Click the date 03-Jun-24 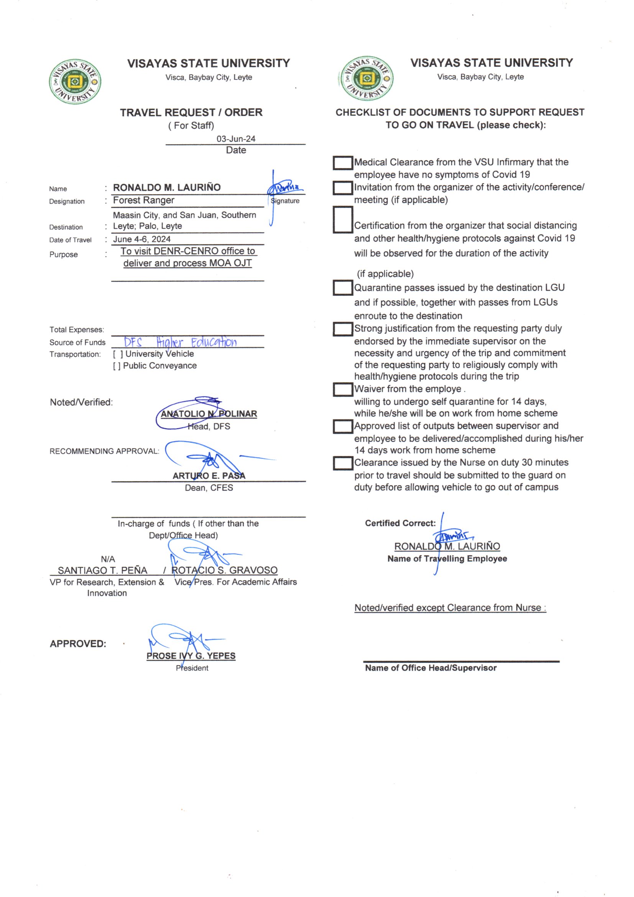coord(236,139)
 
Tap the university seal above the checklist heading coord(366,79)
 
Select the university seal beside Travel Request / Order coord(76,82)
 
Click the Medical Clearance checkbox coord(342,163)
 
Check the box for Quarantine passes coord(342,288)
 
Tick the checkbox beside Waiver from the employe coord(342,389)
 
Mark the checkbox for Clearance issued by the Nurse coord(342,463)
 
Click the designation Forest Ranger coord(144,200)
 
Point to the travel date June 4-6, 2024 coord(142,239)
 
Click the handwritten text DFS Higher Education coord(181,342)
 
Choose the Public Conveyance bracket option coord(117,366)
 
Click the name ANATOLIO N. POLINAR coord(209,414)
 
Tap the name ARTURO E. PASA coord(209,476)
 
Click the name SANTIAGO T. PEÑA coord(103,571)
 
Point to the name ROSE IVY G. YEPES coord(191,656)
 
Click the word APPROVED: coord(78,644)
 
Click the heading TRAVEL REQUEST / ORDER coord(191,112)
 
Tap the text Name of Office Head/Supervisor coord(430,668)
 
